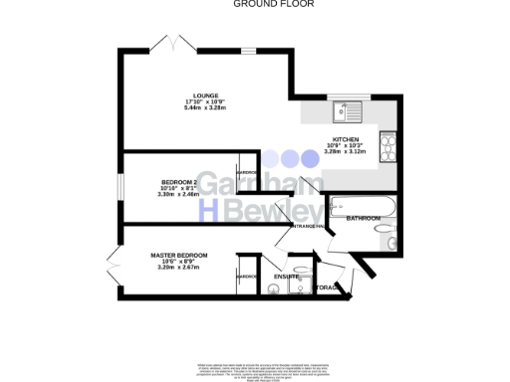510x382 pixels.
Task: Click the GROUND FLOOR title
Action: click(260, 4)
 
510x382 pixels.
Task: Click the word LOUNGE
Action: click(206, 95)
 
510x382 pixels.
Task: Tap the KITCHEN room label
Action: click(345, 140)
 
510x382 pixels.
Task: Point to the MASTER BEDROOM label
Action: click(179, 256)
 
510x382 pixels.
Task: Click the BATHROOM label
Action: click(363, 218)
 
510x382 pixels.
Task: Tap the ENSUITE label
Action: click(287, 276)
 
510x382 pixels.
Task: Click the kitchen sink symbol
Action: click(350, 109)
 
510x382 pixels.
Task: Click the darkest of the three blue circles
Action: click(308, 157)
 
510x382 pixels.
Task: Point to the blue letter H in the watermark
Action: click(210, 210)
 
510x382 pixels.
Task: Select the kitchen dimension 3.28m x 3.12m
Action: click(345, 152)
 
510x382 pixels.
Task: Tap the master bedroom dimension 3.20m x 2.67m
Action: click(179, 268)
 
